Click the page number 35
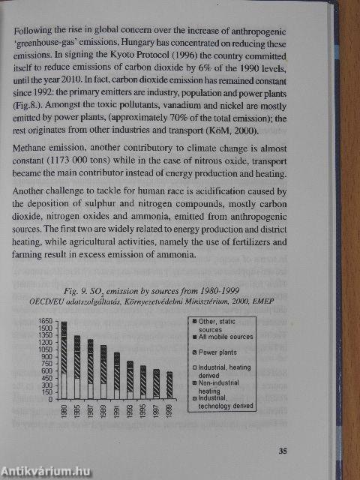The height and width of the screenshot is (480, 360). click(283, 451)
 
